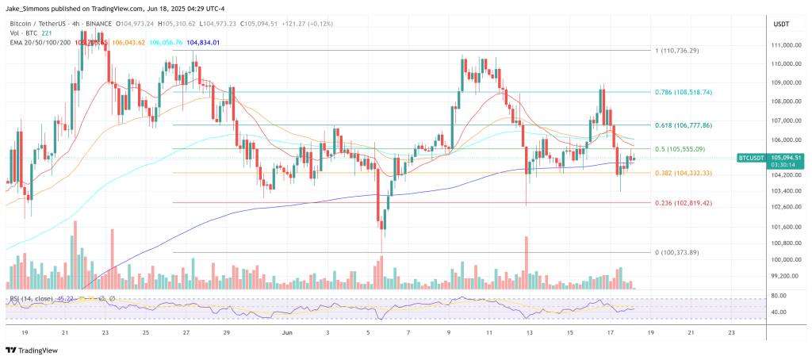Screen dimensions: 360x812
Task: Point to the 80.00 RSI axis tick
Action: (x=778, y=296)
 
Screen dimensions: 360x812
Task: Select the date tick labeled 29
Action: (x=226, y=333)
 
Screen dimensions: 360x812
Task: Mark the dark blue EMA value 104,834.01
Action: (x=203, y=42)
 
